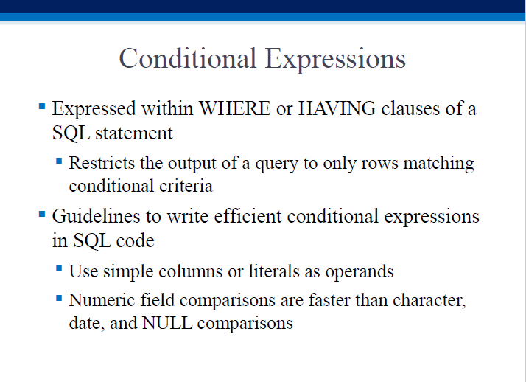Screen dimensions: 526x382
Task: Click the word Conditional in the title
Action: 188,58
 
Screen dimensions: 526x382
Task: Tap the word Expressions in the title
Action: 335,60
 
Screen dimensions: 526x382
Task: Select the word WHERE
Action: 235,108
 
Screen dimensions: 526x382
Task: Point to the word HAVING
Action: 337,108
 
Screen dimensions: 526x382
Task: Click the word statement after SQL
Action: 134,133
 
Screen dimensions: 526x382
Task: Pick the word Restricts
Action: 102,163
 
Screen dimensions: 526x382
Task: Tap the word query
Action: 276,164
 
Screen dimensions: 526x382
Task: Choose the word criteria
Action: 186,186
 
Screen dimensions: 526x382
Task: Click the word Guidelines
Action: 96,216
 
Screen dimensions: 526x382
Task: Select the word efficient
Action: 248,216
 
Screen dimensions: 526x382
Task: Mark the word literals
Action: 274,271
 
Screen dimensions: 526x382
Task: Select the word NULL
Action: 167,323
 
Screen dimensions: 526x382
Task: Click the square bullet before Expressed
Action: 42,107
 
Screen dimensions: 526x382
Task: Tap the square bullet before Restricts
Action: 59,161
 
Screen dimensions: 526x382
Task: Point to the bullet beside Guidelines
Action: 42,214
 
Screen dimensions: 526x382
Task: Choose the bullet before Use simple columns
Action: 59,269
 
